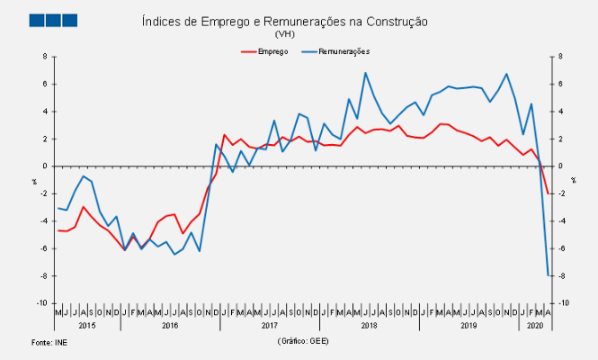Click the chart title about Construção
click(285, 21)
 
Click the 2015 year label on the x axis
click(87, 325)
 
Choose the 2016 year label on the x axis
click(170, 325)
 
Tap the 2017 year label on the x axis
click(269, 325)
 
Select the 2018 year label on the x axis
click(369, 325)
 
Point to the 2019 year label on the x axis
click(468, 325)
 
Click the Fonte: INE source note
click(49, 343)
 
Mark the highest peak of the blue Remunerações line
click(365, 73)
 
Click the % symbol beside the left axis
click(34, 180)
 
